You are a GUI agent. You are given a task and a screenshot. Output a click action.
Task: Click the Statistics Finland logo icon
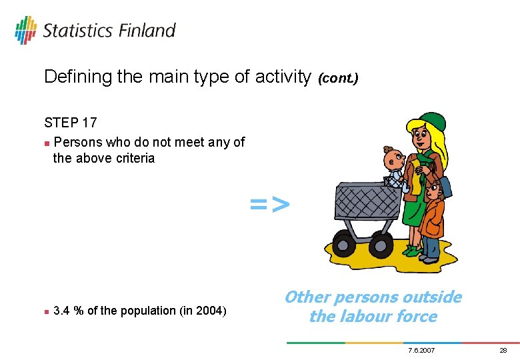25,31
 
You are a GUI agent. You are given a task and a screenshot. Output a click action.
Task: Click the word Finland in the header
147,31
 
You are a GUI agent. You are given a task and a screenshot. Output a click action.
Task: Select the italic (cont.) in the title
338,79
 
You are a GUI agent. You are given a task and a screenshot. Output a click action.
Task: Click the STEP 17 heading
70,123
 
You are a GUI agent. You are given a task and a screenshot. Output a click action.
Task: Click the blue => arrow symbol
270,205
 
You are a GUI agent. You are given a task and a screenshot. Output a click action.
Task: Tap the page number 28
503,351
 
